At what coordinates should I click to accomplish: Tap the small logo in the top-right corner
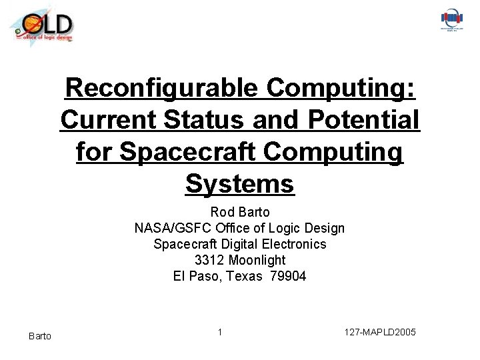click(x=452, y=20)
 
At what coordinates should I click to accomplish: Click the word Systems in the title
click(x=240, y=183)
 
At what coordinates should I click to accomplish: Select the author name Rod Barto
click(x=240, y=213)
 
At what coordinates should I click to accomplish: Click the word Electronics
click(x=293, y=244)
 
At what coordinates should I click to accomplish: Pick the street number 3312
click(x=210, y=260)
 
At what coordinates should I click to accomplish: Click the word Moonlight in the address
click(x=257, y=260)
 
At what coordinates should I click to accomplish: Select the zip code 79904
click(x=288, y=276)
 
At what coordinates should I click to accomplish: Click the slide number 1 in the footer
click(x=220, y=331)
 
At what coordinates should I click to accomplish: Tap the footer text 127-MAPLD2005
click(x=381, y=331)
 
